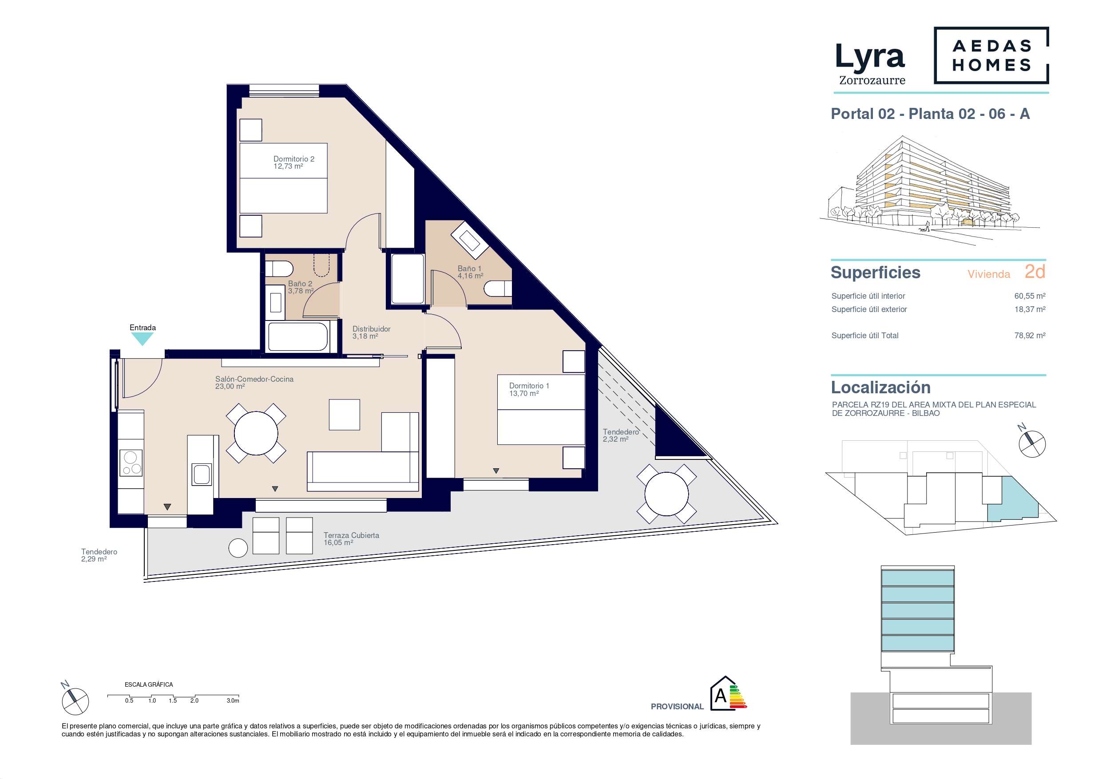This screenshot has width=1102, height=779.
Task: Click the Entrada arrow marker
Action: click(143, 339)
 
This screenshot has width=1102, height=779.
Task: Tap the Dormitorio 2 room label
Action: click(294, 162)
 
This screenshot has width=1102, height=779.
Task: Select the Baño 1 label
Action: click(470, 272)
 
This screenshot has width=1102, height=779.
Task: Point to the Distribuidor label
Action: click(371, 332)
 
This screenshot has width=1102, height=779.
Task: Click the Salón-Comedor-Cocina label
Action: click(254, 383)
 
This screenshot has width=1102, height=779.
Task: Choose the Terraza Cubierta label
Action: click(351, 538)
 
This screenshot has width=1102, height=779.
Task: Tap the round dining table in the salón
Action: click(256, 433)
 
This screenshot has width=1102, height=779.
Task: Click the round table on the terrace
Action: click(667, 494)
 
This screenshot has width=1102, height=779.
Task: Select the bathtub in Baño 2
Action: click(298, 337)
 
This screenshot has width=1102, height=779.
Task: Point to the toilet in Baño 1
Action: click(498, 289)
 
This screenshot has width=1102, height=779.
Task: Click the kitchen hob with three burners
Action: click(131, 463)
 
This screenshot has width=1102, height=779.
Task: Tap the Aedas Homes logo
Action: click(991, 55)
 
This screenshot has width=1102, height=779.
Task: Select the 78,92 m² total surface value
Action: click(1030, 336)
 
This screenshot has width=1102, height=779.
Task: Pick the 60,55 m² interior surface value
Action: click(1030, 296)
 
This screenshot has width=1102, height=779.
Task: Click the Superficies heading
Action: click(876, 272)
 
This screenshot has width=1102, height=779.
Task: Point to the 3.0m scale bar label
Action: click(233, 701)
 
